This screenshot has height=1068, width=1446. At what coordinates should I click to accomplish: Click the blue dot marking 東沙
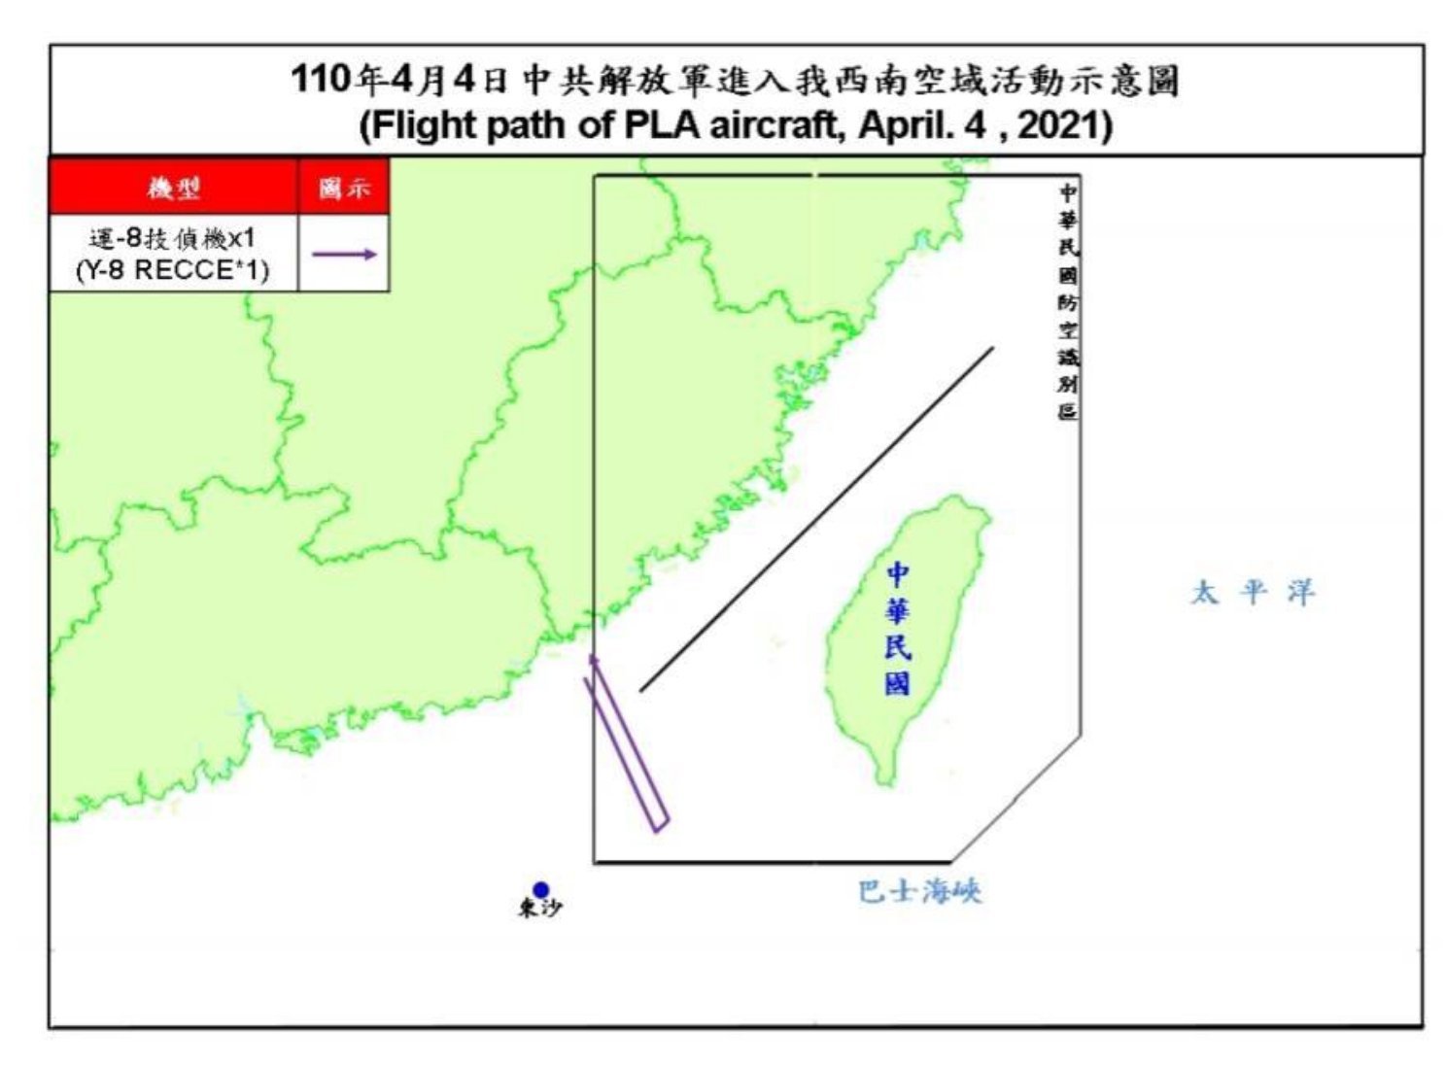tap(541, 889)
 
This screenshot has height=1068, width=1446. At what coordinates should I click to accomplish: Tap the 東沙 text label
tap(539, 910)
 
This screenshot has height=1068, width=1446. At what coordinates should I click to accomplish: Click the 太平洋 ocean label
tap(1253, 592)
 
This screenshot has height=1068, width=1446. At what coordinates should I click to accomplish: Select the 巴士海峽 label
tap(919, 891)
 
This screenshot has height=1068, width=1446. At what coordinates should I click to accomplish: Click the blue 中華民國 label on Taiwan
tap(898, 629)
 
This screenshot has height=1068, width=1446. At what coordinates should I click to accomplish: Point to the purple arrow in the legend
tap(343, 255)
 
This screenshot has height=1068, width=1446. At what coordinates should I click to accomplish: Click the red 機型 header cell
tap(173, 188)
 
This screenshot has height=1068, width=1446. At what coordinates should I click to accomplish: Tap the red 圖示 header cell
tap(344, 188)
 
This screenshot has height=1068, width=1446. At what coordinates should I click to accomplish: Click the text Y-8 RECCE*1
tap(172, 270)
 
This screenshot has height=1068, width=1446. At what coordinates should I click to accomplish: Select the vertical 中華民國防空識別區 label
tap(1068, 301)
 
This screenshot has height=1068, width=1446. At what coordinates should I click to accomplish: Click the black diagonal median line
tap(816, 519)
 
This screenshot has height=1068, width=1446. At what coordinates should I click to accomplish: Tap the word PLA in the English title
tap(657, 126)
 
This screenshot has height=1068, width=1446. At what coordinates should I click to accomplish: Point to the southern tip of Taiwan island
tap(885, 780)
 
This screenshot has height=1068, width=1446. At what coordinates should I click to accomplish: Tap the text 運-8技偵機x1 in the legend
tap(172, 239)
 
